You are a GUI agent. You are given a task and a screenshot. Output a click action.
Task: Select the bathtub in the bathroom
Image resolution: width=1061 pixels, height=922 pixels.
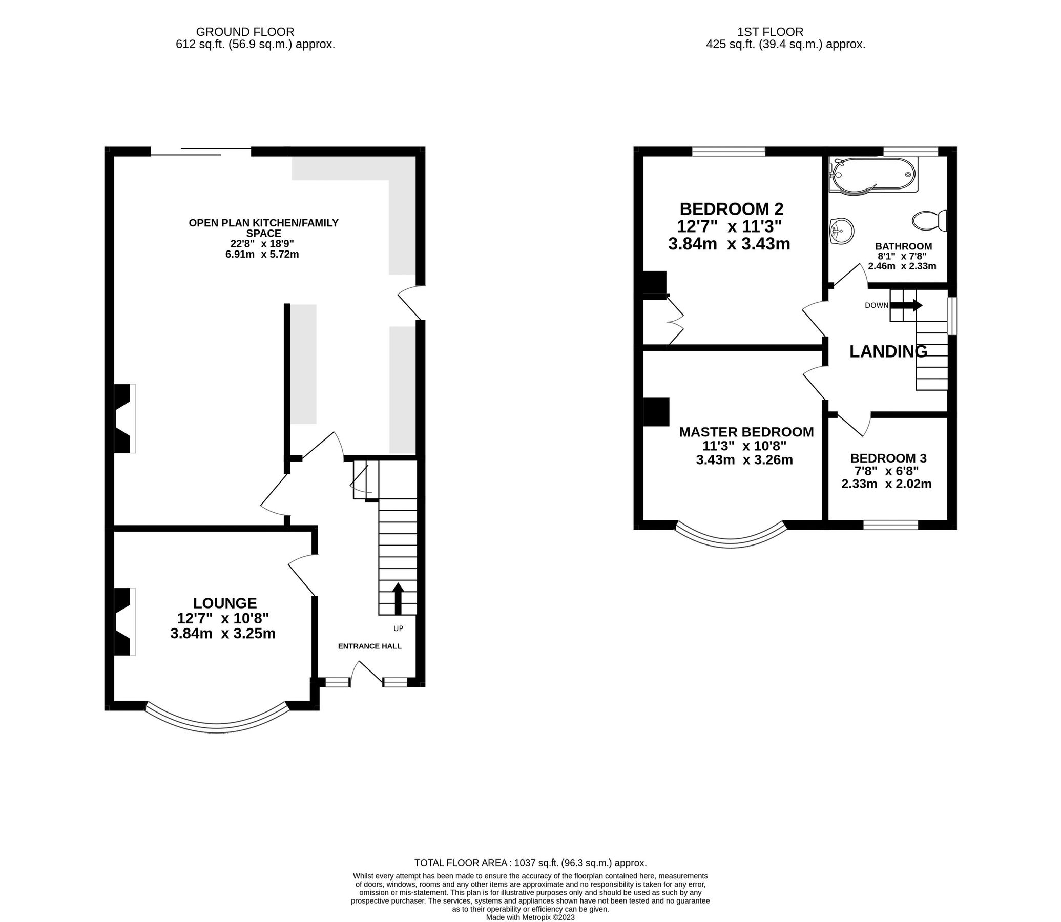click(872, 176)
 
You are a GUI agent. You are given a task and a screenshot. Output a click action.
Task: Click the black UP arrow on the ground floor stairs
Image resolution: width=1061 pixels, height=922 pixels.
click(398, 598)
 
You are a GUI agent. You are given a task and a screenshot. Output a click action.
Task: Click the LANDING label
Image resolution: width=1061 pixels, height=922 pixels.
click(888, 351)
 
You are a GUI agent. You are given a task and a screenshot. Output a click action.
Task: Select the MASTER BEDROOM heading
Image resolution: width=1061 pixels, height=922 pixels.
click(746, 432)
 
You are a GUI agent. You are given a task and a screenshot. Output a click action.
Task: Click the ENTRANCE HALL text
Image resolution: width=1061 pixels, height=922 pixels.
click(369, 646)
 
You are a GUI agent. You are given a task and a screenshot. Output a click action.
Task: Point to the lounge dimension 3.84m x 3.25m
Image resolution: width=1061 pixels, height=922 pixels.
click(223, 633)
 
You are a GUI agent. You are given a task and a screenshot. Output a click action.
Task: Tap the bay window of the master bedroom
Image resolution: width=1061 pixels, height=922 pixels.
click(731, 542)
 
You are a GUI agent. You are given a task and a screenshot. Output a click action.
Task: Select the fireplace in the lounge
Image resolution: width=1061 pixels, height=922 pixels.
click(123, 621)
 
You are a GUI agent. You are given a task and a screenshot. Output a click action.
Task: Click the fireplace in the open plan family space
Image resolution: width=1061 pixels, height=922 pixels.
click(123, 418)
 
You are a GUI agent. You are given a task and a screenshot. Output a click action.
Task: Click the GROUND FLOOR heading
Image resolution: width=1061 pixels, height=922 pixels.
click(245, 32)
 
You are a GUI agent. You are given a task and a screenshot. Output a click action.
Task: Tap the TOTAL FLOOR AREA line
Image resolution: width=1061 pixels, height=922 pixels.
click(530, 863)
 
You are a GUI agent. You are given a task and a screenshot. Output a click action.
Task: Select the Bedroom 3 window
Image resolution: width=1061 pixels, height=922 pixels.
click(891, 526)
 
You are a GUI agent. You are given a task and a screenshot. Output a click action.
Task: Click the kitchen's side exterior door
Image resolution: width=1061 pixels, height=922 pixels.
click(411, 304)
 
